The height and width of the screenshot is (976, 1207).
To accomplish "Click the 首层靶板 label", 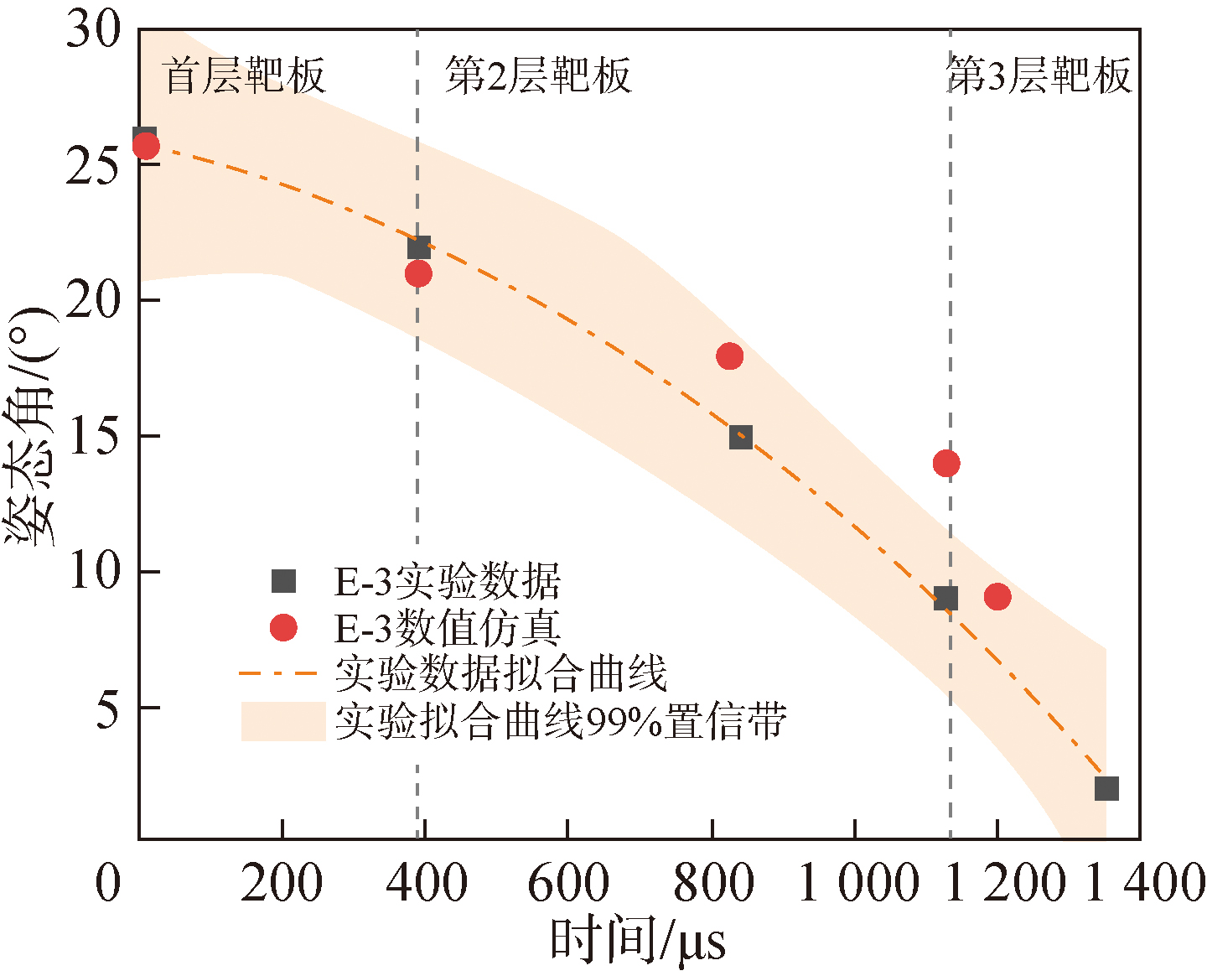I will [x=244, y=76].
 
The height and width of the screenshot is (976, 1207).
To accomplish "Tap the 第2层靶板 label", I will [x=537, y=76].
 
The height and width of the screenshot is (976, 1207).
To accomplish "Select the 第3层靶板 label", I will [x=1039, y=76].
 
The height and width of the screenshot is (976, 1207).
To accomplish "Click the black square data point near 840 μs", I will [x=740, y=437].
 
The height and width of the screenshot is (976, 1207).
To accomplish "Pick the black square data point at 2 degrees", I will [x=1106, y=788].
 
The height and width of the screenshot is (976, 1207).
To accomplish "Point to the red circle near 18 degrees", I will [x=730, y=356].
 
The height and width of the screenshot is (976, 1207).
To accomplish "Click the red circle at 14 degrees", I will [x=946, y=463].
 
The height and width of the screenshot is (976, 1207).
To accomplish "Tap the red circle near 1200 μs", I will [x=997, y=597].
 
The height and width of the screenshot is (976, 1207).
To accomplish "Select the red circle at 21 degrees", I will [x=418, y=273].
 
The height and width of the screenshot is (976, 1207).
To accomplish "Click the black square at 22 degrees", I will [x=418, y=247].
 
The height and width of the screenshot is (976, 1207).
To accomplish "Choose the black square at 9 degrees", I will [x=945, y=598].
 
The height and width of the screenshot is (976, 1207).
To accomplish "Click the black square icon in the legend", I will [x=284, y=581].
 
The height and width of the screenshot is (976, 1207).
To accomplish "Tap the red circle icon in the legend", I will [x=284, y=627].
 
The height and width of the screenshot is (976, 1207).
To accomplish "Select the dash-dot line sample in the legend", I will [x=277, y=673].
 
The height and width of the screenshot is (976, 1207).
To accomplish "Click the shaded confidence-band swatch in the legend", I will [x=283, y=721].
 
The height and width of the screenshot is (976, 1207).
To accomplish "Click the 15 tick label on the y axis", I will [x=93, y=437].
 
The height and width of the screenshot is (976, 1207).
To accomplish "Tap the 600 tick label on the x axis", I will [x=567, y=884].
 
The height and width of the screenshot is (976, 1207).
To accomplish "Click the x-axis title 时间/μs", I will [x=637, y=941].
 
